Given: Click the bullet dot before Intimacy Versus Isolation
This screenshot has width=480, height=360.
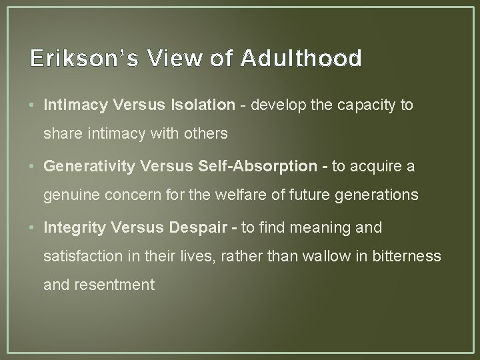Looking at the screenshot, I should coord(32,105).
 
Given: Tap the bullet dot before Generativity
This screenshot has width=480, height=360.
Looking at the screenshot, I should coord(32,167).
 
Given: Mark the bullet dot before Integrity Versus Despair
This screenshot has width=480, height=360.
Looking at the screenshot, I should coord(32,228).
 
